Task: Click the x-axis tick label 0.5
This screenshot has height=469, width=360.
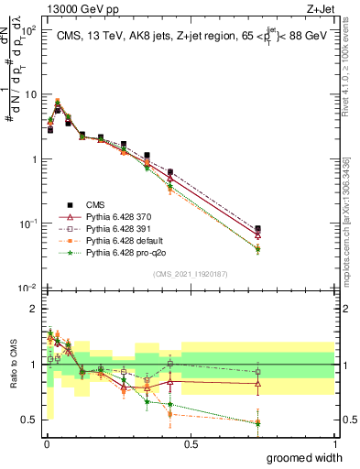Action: click(x=191, y=443)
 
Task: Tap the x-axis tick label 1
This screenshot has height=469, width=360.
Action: click(x=334, y=443)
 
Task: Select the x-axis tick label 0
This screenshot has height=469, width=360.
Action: click(x=47, y=443)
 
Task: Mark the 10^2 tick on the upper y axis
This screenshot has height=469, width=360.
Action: click(x=29, y=30)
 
